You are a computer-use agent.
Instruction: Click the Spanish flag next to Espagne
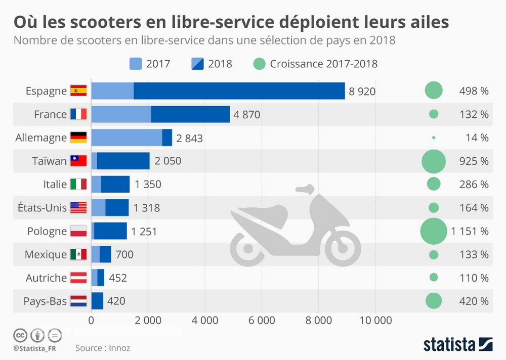[78, 91]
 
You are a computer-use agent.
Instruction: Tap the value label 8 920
[362, 92]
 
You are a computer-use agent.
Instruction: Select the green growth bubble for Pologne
[434, 231]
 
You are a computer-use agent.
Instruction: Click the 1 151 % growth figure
[470, 231]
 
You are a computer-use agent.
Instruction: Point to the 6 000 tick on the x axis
[262, 320]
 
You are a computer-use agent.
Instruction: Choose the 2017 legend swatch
[136, 64]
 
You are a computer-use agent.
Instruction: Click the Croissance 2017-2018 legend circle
[259, 64]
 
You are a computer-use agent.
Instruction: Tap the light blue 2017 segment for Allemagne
[126, 138]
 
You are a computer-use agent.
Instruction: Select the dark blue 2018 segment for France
[190, 114]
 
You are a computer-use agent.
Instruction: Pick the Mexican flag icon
[78, 254]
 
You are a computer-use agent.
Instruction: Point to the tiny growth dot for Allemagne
[434, 138]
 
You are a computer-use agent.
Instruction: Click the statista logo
[458, 344]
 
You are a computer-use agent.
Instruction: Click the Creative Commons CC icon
[20, 335]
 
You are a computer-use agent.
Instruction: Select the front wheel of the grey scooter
[343, 247]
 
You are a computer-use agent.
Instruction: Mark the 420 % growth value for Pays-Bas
[474, 301]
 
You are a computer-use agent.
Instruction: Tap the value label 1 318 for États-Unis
[147, 208]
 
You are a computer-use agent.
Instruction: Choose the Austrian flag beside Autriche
[78, 278]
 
